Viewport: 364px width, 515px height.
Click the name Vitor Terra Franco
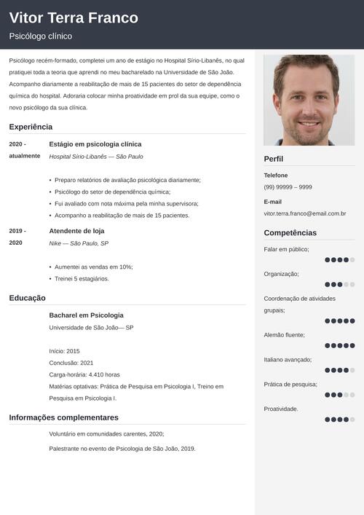click(74, 18)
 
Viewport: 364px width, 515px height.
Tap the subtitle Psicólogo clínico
click(41, 36)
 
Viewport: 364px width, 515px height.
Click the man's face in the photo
click(309, 102)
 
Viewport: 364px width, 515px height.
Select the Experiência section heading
click(31, 127)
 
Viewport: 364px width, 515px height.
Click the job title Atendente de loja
click(76, 231)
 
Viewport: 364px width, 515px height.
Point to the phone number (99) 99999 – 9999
click(288, 187)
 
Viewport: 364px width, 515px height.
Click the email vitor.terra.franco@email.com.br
click(304, 213)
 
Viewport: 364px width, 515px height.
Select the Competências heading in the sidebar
click(290, 233)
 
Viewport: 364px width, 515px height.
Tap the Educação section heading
click(27, 298)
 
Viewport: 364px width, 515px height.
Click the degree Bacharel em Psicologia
click(86, 315)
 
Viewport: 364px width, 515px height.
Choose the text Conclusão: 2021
click(71, 363)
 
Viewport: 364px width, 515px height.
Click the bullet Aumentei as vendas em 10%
click(94, 267)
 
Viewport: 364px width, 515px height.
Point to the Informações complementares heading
click(63, 417)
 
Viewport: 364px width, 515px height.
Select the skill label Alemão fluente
click(284, 335)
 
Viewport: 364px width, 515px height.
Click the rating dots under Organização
click(339, 285)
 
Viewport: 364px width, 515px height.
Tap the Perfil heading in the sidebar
click(274, 159)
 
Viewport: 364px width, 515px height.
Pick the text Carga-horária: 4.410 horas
click(84, 374)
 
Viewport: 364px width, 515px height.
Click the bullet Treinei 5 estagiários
click(82, 278)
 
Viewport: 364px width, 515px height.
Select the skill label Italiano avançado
click(288, 359)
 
